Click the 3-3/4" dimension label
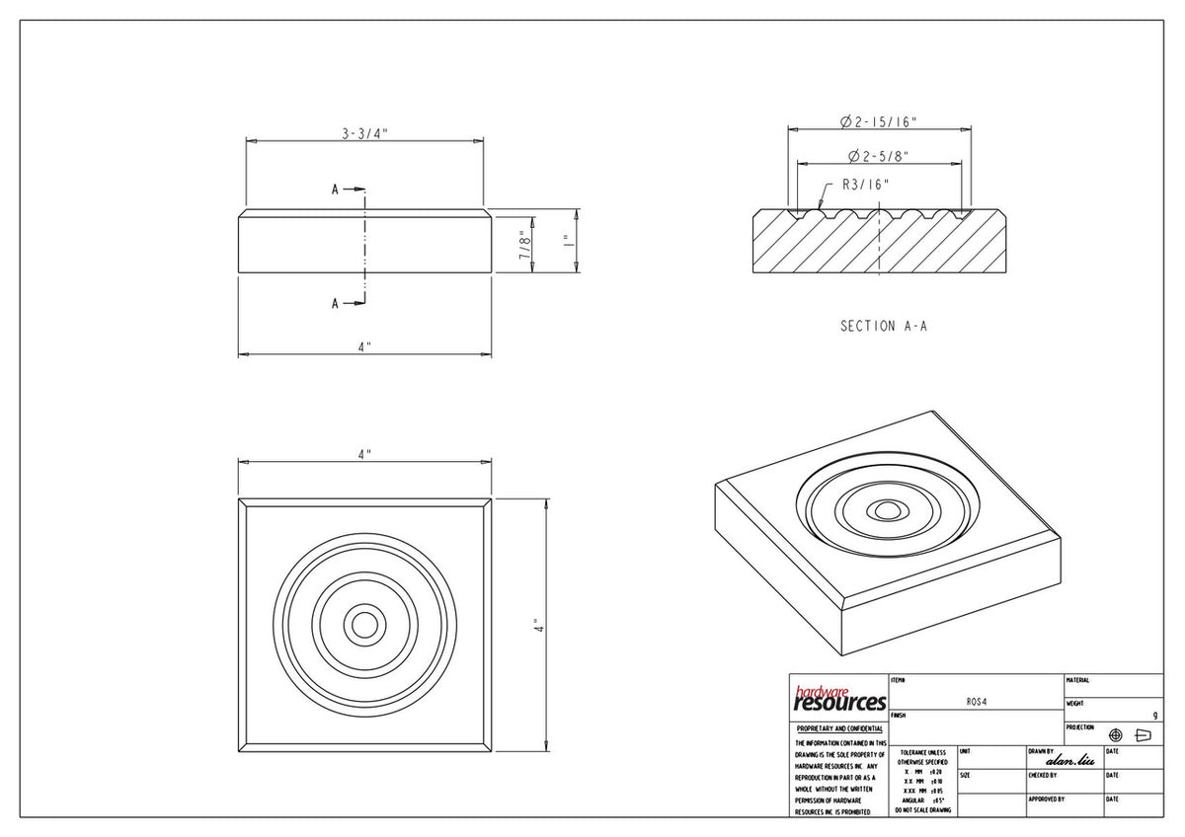coord(364,134)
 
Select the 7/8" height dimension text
coord(527,243)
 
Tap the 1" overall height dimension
coord(566,241)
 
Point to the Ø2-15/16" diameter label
coord(879,121)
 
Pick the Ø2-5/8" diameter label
coord(878,156)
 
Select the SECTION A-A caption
coord(884,326)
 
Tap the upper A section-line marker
coord(336,190)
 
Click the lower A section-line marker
coord(336,303)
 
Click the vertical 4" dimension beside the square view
coord(536,626)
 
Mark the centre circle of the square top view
coord(365,625)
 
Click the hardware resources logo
coord(838,699)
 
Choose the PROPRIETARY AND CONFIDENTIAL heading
coord(838,728)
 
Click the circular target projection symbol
coord(1116,735)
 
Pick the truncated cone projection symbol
coord(1145,735)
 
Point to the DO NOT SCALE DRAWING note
coord(922,809)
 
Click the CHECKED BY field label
coord(1043,775)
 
